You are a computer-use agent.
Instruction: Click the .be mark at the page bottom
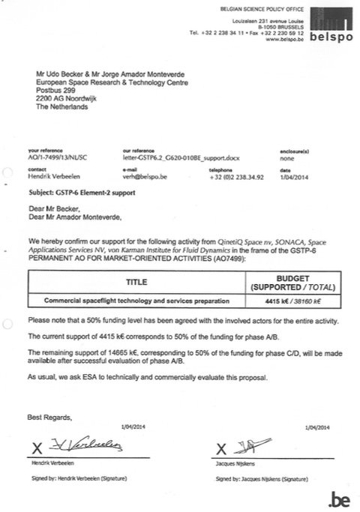337,496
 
